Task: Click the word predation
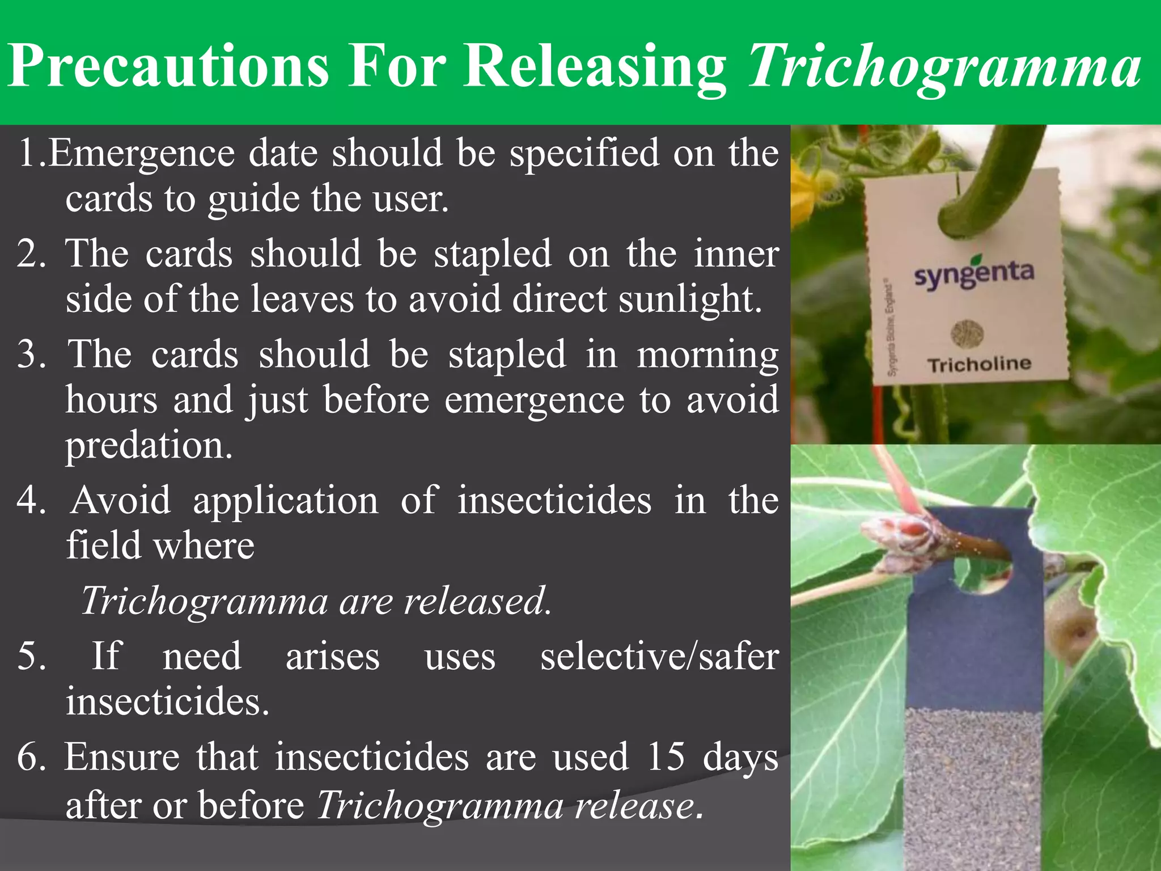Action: (x=149, y=445)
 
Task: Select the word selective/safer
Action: (x=659, y=657)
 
